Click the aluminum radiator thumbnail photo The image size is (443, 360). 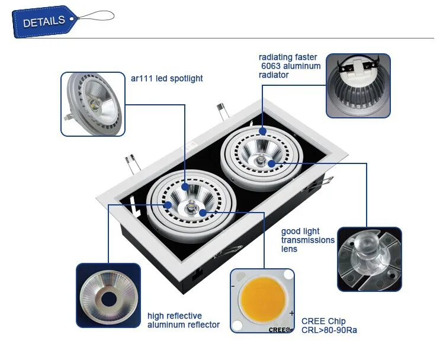tap(358, 85)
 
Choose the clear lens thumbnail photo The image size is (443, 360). tap(369, 258)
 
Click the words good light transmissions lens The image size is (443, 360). tap(307, 240)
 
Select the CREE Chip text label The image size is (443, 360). tap(323, 320)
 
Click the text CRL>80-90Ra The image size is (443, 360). tap(329, 330)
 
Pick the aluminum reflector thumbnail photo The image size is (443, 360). tap(108, 294)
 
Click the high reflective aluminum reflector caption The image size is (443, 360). tap(183, 320)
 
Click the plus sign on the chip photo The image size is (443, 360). tap(291, 312)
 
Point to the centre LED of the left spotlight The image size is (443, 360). tap(192, 207)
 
